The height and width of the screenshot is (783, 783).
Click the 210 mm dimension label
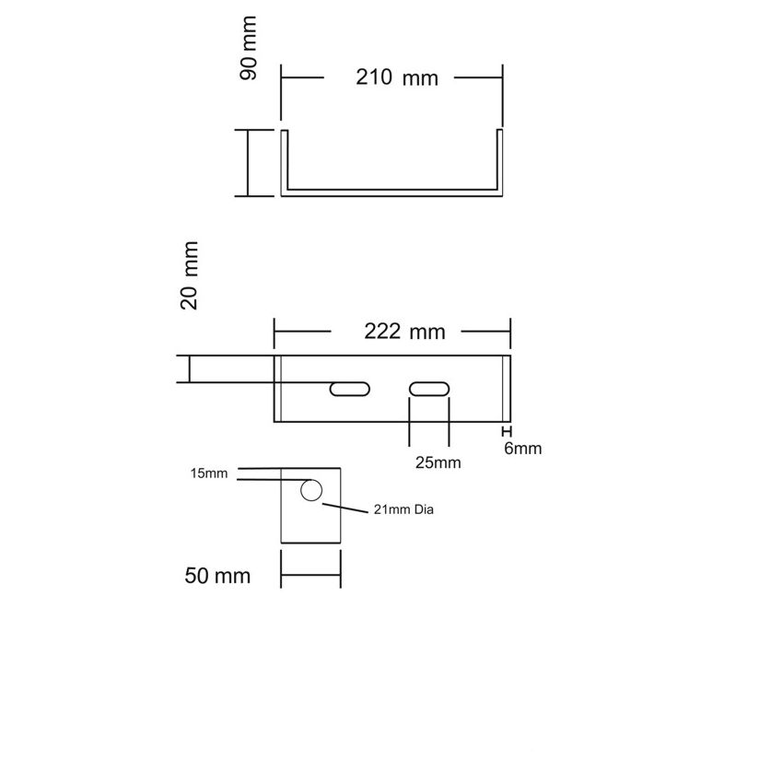397,77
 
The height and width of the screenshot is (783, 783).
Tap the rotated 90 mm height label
248,48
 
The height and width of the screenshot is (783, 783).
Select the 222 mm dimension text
404,331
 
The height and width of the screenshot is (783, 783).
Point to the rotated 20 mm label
189,275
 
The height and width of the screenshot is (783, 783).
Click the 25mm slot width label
438,462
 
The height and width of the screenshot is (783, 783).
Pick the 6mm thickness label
522,448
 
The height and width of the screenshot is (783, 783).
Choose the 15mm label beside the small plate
209,473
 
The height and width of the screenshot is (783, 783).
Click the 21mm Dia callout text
403,509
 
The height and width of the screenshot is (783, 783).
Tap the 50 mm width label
217,575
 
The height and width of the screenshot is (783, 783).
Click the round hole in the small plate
311,490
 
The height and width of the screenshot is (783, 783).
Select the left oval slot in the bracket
349,389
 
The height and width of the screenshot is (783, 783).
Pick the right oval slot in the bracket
429,389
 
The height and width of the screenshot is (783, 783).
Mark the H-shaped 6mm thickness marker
507,431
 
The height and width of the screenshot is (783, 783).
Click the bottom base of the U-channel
391,193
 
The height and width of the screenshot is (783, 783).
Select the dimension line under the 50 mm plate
310,574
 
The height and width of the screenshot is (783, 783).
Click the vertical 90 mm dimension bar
248,163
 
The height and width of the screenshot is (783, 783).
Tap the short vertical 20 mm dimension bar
189,369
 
